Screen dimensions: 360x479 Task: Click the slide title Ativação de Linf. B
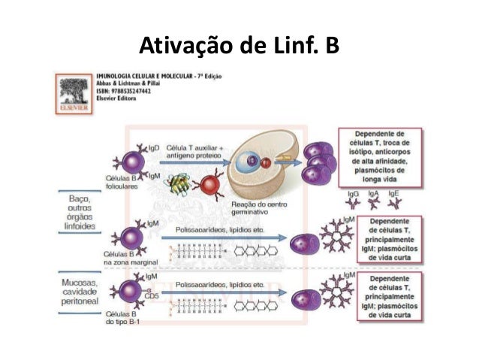(x=239, y=47)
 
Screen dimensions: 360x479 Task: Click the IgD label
(x=153, y=149)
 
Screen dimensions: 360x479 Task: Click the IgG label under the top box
(x=353, y=194)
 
